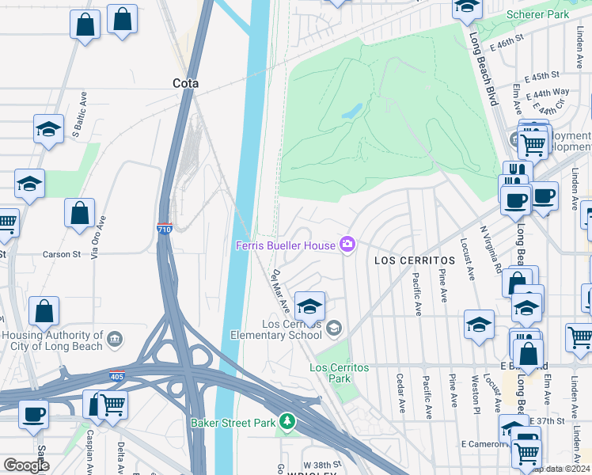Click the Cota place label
185,83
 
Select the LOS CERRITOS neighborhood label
404,260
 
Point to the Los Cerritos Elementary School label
293,329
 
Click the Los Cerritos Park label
329,372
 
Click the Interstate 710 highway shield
165,228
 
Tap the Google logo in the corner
26,465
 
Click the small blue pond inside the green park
351,111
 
